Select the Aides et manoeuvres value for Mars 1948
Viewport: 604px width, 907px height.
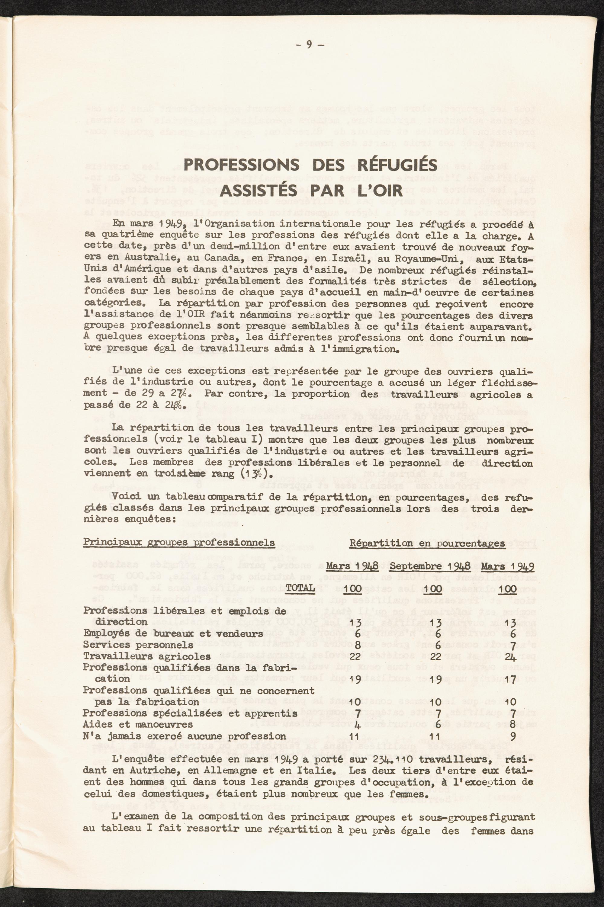coord(357,725)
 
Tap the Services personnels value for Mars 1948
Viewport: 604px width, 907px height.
coord(357,644)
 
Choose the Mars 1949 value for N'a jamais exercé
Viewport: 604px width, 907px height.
coord(512,736)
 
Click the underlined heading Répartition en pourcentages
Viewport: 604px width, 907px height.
coord(427,543)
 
